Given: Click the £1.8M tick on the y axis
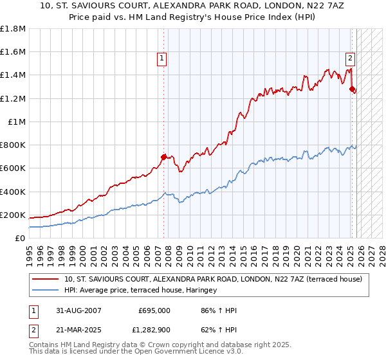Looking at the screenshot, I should tap(13, 28).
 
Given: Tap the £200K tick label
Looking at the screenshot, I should tap(13, 215).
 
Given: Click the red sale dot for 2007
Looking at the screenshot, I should tap(163, 156).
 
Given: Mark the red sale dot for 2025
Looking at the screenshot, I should tap(352, 89).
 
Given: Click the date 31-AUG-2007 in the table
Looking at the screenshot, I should tap(78, 310).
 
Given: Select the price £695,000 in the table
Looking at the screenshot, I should tap(154, 310).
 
